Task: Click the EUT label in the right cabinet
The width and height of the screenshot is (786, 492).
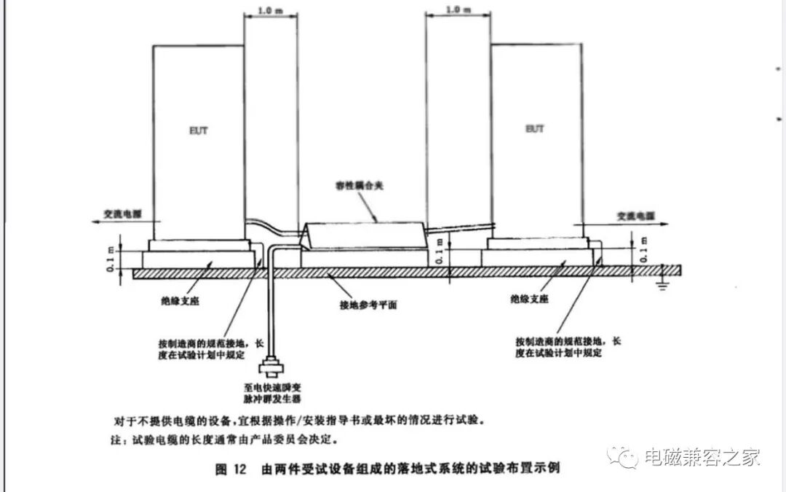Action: click(x=535, y=128)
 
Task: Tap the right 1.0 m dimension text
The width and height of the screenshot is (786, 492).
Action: click(x=454, y=10)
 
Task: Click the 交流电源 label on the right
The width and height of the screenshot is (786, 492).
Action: click(x=632, y=216)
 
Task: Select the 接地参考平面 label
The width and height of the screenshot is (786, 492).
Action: click(x=368, y=305)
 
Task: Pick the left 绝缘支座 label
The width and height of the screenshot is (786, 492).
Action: click(x=180, y=299)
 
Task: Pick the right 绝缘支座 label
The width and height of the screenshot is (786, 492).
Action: click(x=530, y=299)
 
